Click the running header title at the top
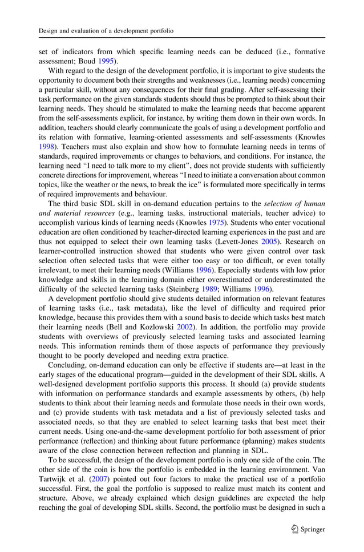pos(106,30)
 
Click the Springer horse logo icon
pos(294,529)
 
